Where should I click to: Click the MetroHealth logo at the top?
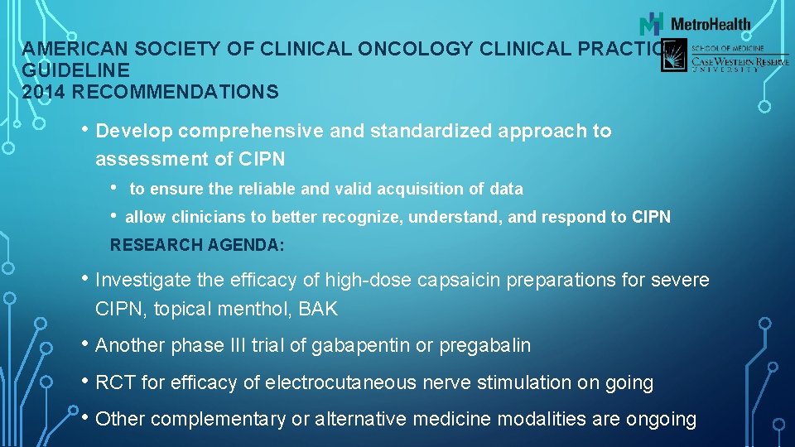click(x=696, y=23)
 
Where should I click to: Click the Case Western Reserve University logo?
click(x=725, y=58)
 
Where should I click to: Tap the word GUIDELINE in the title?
click(x=76, y=71)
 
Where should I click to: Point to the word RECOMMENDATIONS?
click(x=174, y=92)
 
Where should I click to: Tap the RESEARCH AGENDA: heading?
click(x=197, y=245)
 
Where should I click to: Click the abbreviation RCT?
click(x=114, y=382)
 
